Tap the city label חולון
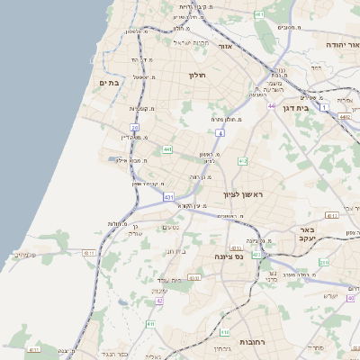[x=198, y=75]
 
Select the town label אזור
[x=226, y=46]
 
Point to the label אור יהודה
[x=340, y=42]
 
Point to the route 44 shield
[x=271, y=105]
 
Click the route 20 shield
[x=134, y=128]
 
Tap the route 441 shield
[x=168, y=149]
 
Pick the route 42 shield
[x=160, y=300]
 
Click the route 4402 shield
[x=345, y=116]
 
